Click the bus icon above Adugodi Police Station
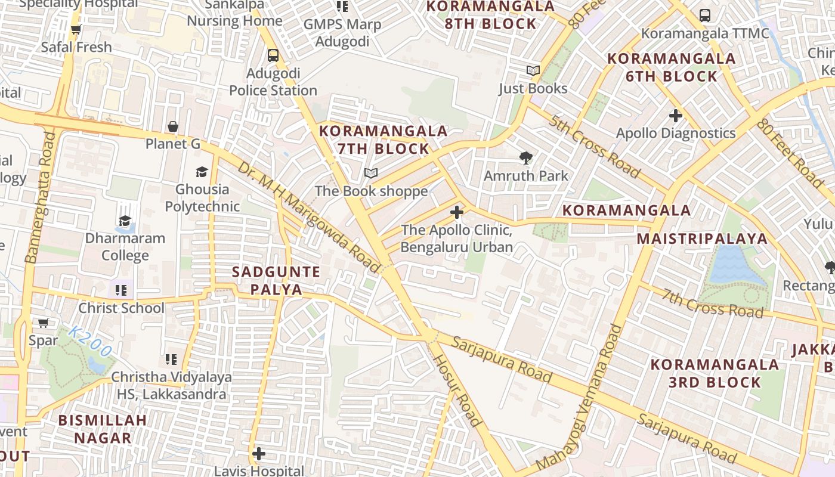pos(273,55)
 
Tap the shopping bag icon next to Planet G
pos(173,126)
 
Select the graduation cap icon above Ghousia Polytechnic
pos(202,172)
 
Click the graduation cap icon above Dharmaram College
pos(125,221)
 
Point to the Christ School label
pos(121,308)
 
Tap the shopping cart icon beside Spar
pos(43,323)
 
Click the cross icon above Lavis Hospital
pos(258,454)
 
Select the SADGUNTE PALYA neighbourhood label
pos(276,281)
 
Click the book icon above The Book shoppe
pos(371,174)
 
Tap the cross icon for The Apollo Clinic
pos(457,212)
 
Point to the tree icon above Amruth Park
pos(525,158)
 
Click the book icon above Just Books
pos(533,71)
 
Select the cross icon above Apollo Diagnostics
pos(675,115)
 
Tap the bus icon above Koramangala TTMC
pos(704,16)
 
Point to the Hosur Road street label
pos(457,390)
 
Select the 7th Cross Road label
pos(713,303)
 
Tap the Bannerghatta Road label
pos(41,197)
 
